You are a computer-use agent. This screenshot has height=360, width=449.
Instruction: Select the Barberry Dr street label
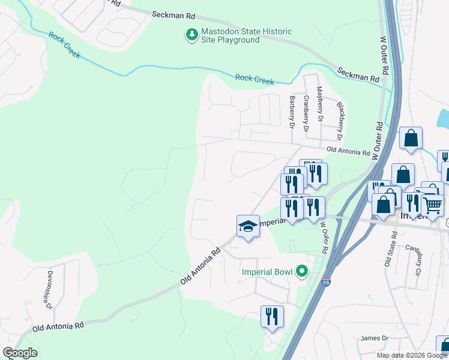coord(292,112)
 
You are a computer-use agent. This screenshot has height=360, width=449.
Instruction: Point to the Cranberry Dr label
coord(306,113)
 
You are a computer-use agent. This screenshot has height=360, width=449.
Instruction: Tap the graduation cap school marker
coord(248,226)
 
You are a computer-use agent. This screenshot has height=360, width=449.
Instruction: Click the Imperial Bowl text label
coord(267,272)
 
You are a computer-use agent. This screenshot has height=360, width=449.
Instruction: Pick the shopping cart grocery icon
coord(432,205)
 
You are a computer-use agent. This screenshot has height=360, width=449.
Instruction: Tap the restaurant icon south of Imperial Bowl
coord(272,316)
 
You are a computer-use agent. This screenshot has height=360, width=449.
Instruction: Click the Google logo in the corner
coord(20,353)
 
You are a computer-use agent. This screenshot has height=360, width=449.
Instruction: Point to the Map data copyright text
coord(412,355)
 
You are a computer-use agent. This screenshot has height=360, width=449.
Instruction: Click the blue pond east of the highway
coord(443,119)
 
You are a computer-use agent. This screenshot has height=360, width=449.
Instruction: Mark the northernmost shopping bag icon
coord(411,138)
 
